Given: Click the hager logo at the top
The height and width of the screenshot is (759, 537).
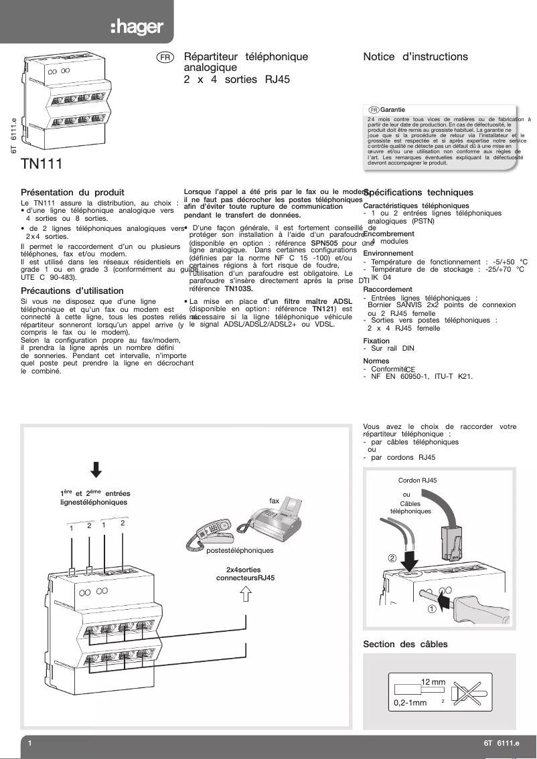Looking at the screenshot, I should tap(136, 27).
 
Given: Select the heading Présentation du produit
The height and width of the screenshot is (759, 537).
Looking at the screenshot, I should tap(72, 192).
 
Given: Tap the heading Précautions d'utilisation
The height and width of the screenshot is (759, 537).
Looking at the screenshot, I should tap(72, 290).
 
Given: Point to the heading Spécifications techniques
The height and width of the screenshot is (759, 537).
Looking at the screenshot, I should tap(418, 192).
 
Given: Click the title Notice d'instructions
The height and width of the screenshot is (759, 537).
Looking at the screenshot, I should tap(415, 57).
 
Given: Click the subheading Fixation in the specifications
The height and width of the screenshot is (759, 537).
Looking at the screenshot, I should tap(376, 341).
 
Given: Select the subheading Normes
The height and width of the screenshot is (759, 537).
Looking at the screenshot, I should tap(376, 360).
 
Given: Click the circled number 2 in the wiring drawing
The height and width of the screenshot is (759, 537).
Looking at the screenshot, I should tap(392, 558).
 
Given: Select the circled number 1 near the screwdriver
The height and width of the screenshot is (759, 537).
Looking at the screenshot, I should tap(433, 608).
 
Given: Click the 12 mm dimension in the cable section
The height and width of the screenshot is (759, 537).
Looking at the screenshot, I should tap(433, 682).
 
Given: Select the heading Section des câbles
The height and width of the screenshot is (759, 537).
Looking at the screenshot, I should tap(405, 644).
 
